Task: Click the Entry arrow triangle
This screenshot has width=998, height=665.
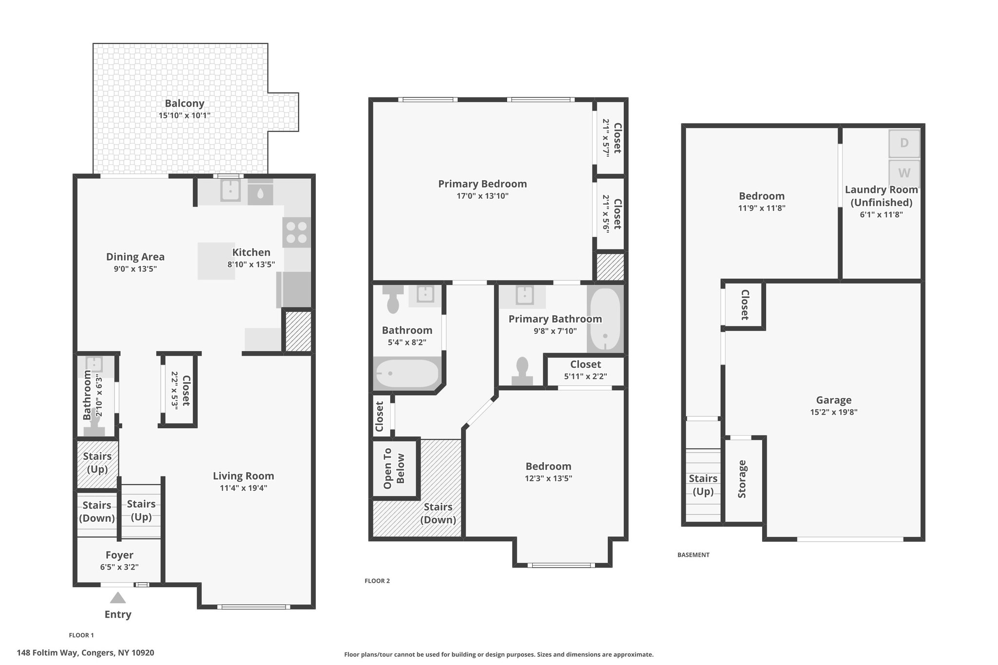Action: [x=117, y=598]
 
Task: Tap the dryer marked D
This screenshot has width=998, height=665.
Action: [x=904, y=143]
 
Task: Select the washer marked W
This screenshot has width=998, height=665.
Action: [x=904, y=172]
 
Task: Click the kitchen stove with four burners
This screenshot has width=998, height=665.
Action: [x=296, y=232]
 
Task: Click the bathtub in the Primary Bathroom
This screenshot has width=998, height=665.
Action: [x=605, y=319]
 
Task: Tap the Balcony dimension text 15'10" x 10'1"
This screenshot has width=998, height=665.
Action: [x=184, y=115]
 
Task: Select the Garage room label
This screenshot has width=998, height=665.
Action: [x=834, y=400]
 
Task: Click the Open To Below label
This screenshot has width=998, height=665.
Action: [x=394, y=468]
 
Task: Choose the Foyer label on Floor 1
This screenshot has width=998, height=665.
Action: [x=119, y=555]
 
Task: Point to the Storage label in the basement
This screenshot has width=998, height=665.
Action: [x=742, y=479]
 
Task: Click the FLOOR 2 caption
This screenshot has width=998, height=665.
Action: [x=377, y=581]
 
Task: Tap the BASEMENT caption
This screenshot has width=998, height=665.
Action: [x=693, y=555]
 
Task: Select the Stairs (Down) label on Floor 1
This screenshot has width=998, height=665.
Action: [x=97, y=512]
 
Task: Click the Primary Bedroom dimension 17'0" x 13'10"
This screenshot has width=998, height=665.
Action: [x=482, y=196]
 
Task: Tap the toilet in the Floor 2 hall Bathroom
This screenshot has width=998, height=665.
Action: [x=393, y=299]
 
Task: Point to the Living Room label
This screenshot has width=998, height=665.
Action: [x=243, y=476]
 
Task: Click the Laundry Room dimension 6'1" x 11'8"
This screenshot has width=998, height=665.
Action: [x=881, y=214]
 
